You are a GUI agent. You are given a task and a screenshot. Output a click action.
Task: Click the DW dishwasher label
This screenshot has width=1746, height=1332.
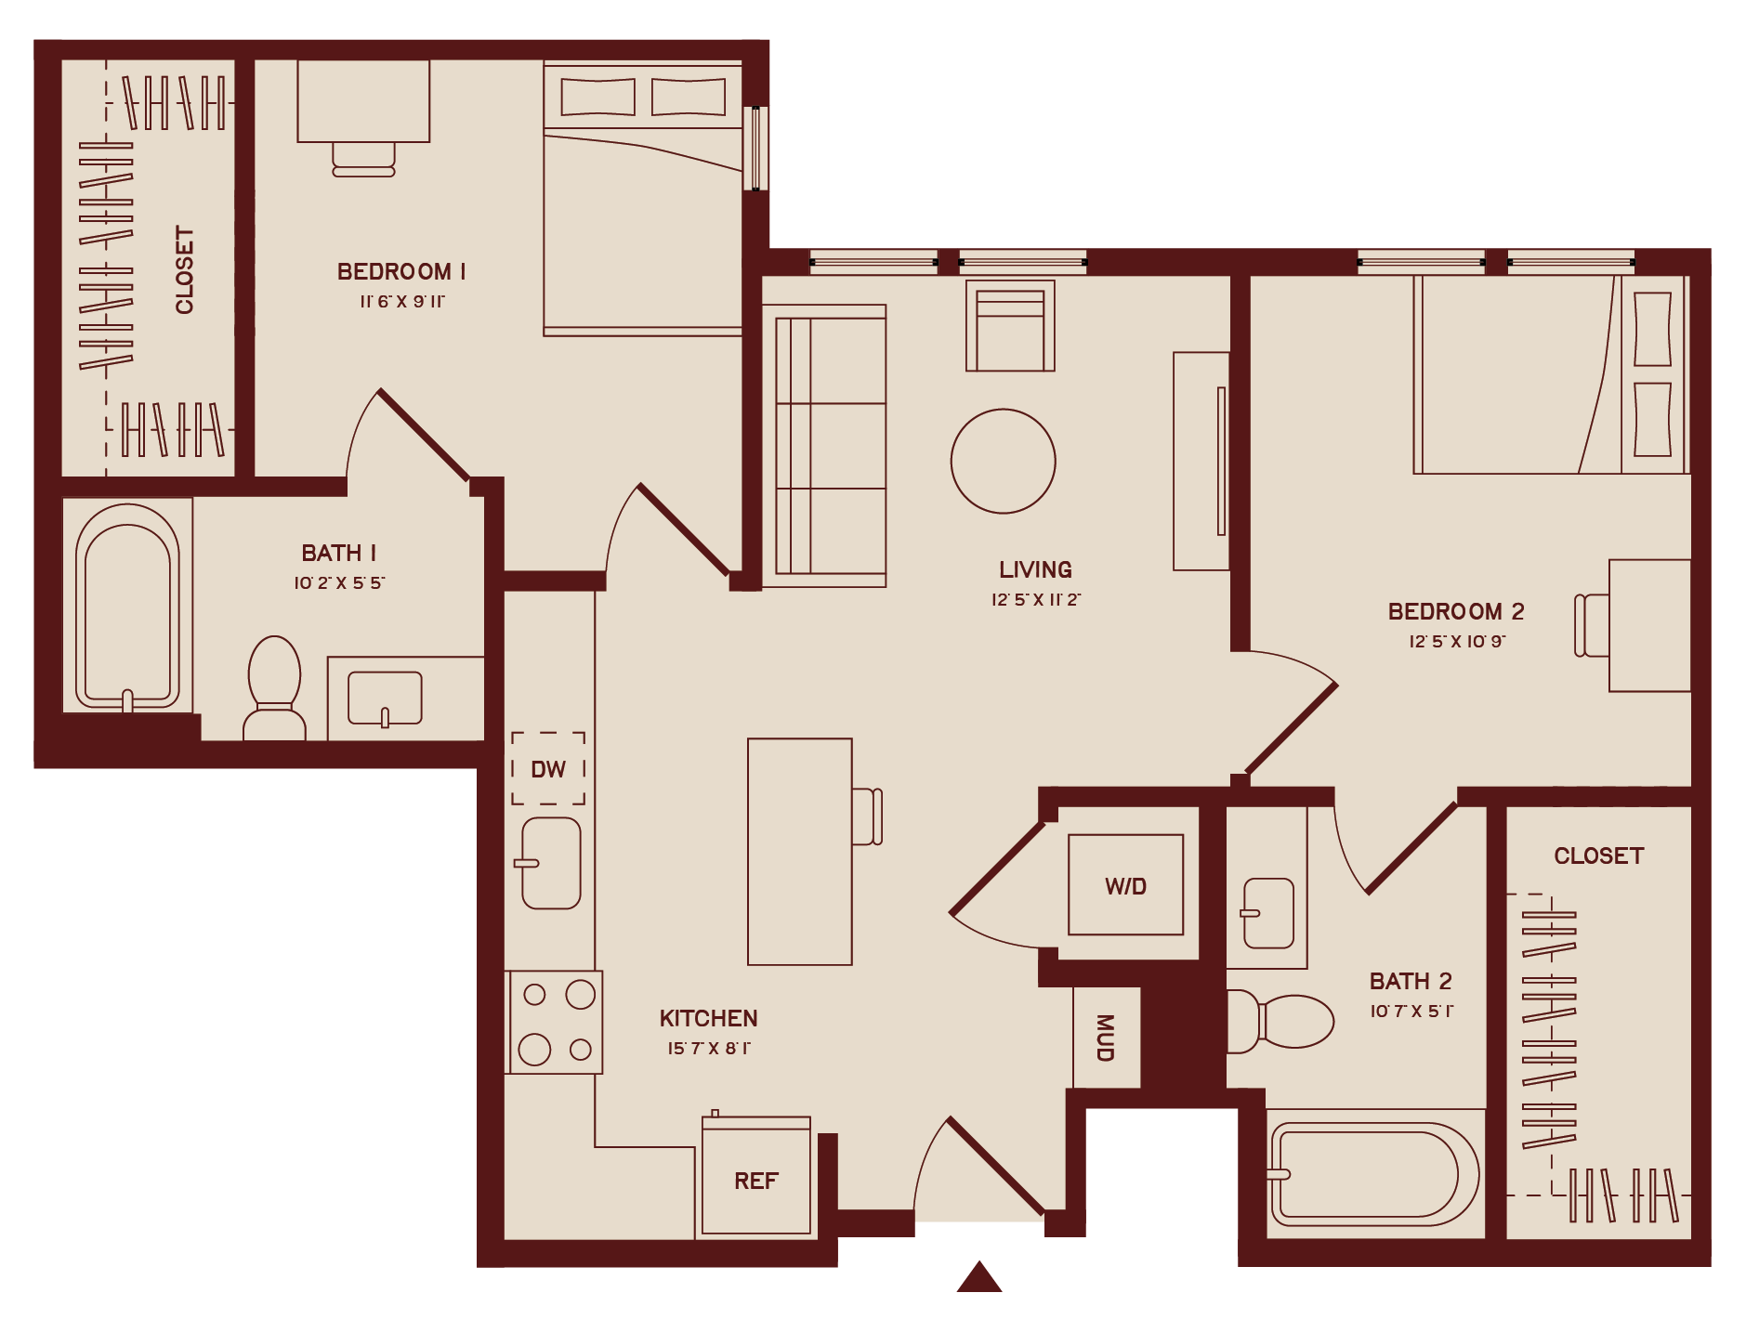tap(548, 769)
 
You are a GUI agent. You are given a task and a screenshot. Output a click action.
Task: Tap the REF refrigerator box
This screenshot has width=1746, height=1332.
tap(755, 1179)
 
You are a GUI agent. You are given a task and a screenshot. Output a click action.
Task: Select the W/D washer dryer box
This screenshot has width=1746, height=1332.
tap(1125, 885)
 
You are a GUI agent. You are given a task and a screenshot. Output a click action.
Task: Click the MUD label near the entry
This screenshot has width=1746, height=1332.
tap(1105, 1038)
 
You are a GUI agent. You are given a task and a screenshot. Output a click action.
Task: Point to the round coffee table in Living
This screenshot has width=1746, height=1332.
tap(1003, 461)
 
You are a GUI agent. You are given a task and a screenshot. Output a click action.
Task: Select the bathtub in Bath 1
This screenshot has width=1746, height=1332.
tap(127, 606)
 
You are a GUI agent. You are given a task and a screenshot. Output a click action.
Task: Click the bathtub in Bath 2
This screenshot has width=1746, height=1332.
tap(1372, 1174)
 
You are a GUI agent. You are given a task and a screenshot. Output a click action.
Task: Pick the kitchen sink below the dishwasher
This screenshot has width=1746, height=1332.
tap(551, 863)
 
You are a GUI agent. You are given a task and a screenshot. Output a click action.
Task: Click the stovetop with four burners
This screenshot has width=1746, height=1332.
tap(555, 1022)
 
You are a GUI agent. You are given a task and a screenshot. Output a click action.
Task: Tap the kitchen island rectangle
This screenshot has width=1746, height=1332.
tap(799, 851)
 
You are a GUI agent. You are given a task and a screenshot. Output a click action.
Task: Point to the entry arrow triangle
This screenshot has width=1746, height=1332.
tap(978, 1277)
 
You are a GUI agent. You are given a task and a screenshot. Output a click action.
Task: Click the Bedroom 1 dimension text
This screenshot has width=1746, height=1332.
tap(402, 302)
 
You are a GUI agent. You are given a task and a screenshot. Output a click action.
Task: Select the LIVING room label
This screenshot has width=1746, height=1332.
tap(1035, 569)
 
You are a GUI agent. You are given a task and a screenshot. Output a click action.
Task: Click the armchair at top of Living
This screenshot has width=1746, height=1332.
tap(1010, 327)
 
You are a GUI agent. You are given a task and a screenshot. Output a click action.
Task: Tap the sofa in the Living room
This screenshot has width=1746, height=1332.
tap(824, 446)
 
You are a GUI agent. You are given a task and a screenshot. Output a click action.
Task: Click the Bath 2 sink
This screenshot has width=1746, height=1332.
tap(1267, 913)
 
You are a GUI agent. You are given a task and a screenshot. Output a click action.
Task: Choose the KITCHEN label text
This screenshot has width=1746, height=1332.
tap(708, 1018)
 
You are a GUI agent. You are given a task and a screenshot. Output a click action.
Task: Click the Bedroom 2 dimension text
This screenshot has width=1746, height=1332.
tap(1456, 642)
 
